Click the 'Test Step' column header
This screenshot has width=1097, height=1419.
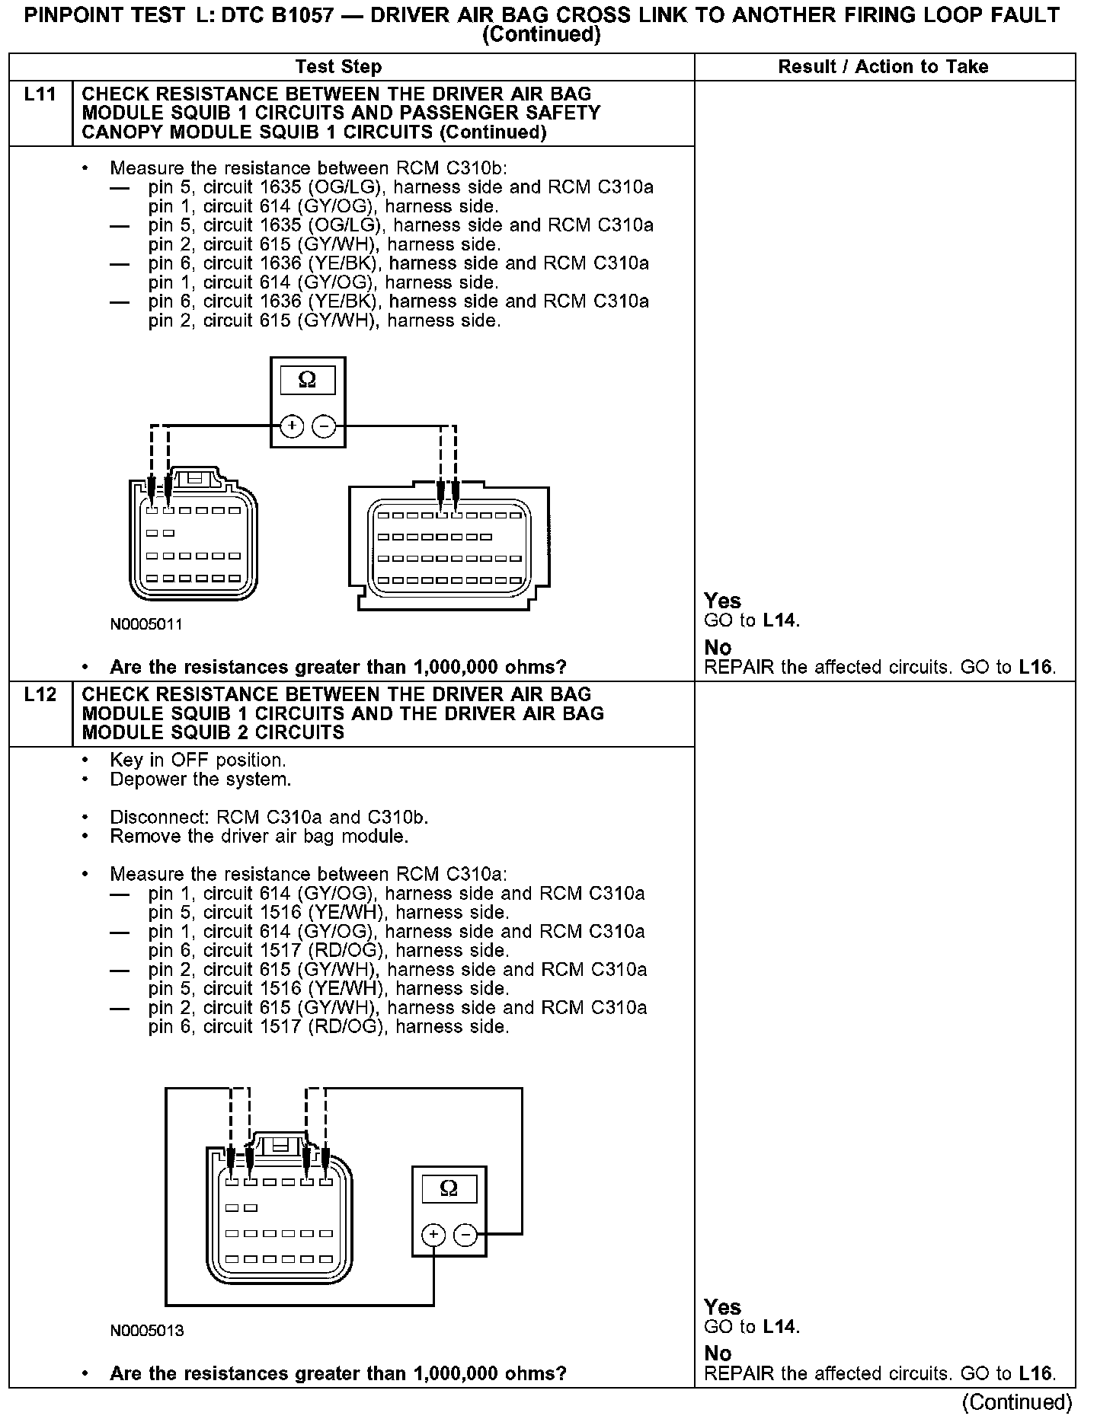(338, 67)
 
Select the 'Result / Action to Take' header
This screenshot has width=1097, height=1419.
(883, 67)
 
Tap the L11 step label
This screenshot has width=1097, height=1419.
(40, 94)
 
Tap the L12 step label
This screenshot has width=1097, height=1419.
(40, 694)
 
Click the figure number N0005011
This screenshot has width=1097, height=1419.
(146, 625)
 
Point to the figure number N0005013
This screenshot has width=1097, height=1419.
(147, 1331)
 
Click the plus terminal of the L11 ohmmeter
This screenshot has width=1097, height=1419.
(292, 426)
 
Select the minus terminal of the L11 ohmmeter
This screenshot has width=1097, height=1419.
(325, 426)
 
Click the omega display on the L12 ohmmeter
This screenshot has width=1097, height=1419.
(449, 1189)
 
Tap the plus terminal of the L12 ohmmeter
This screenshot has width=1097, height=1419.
(433, 1235)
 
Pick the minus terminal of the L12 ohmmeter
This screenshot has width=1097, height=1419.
(465, 1235)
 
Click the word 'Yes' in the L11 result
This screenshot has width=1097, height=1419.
(722, 601)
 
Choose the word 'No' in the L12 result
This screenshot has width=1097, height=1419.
(718, 1354)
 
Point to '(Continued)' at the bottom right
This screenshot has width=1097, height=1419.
(1017, 1402)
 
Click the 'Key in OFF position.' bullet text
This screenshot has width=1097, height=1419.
(198, 761)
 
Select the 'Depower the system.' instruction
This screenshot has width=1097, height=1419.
(200, 780)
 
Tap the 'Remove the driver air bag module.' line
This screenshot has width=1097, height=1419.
(259, 837)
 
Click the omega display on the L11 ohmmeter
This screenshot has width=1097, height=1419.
(307, 380)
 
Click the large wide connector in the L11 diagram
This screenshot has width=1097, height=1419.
(449, 547)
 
